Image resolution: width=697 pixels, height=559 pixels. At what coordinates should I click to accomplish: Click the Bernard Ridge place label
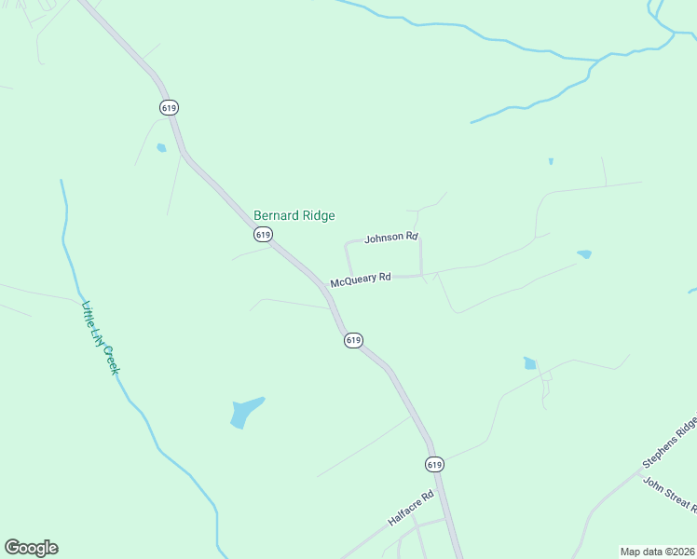[x=294, y=215]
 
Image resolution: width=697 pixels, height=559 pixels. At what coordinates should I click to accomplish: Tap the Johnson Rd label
[x=391, y=238]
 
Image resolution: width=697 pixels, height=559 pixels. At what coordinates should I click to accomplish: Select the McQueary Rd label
[x=360, y=279]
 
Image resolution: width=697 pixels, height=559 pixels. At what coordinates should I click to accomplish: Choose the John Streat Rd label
[x=669, y=493]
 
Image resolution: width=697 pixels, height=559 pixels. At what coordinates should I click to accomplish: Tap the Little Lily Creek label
[x=101, y=338]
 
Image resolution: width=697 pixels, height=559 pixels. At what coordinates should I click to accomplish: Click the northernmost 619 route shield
[x=169, y=107]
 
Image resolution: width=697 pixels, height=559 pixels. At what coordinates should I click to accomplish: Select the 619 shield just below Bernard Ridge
[x=263, y=235]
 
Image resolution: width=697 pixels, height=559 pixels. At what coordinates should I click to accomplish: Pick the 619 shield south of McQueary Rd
[x=352, y=340]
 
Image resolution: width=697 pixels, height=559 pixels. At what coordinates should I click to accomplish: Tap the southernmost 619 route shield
[x=434, y=464]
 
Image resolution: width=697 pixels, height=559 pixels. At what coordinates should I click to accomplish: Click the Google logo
[x=31, y=548]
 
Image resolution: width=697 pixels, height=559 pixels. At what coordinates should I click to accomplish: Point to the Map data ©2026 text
[x=657, y=552]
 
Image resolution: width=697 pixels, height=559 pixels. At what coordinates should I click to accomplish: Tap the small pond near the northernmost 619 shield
[x=161, y=147]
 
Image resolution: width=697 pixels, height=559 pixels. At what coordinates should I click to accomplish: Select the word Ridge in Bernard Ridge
[x=316, y=215]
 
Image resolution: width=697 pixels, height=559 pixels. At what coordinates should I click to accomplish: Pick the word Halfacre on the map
[x=405, y=514]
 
